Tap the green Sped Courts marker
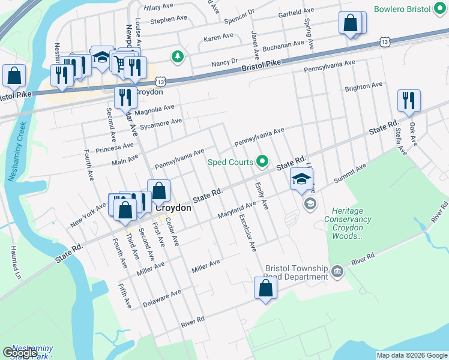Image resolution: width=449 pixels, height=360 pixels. pyautogui.click(x=262, y=161)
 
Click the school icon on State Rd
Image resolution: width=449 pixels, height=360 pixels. pyautogui.click(x=302, y=178)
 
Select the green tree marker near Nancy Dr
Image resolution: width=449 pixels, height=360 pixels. pyautogui.click(x=177, y=57)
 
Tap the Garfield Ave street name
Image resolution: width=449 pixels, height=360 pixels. pyautogui.click(x=296, y=12)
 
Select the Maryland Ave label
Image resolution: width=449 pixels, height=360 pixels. pyautogui.click(x=237, y=210)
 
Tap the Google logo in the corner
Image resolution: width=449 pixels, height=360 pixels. pyautogui.click(x=20, y=353)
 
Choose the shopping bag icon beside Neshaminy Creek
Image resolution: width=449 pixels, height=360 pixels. pyautogui.click(x=13, y=76)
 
